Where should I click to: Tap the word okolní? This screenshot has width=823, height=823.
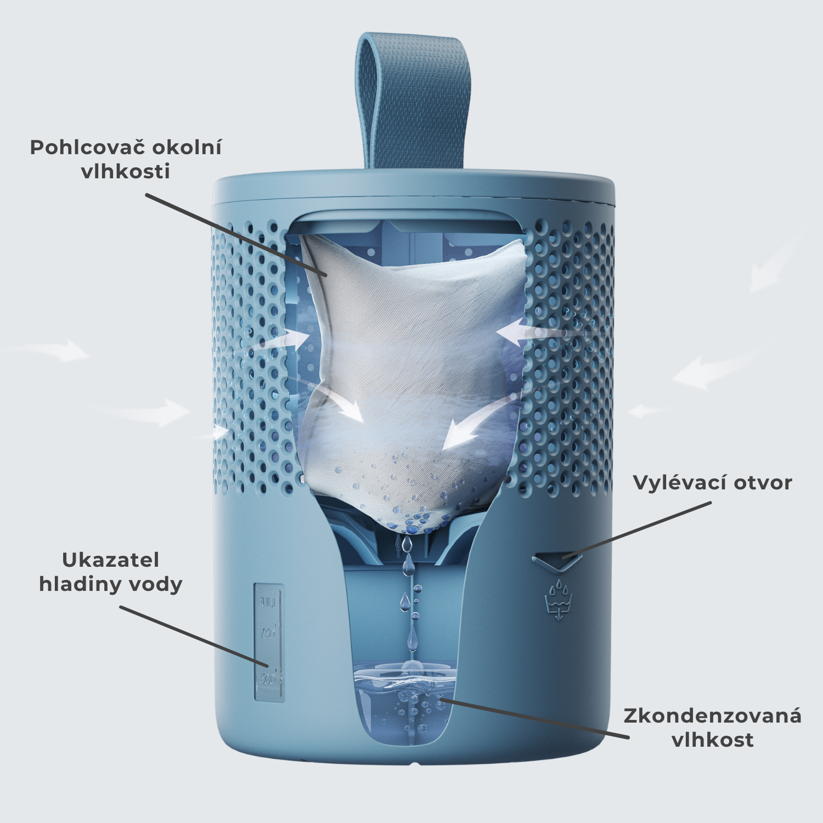[187, 148]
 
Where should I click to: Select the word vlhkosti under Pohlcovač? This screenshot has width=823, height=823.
[126, 172]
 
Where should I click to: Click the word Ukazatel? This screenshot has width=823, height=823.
[110, 560]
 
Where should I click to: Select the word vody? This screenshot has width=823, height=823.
[156, 585]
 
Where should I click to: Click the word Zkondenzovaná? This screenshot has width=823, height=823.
[712, 716]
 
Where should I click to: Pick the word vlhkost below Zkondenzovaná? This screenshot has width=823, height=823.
[712, 740]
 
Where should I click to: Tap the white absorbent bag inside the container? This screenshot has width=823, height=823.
[411, 373]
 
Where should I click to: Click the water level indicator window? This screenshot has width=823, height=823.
[269, 642]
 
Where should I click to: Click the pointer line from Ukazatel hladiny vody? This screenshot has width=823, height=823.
[192, 636]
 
